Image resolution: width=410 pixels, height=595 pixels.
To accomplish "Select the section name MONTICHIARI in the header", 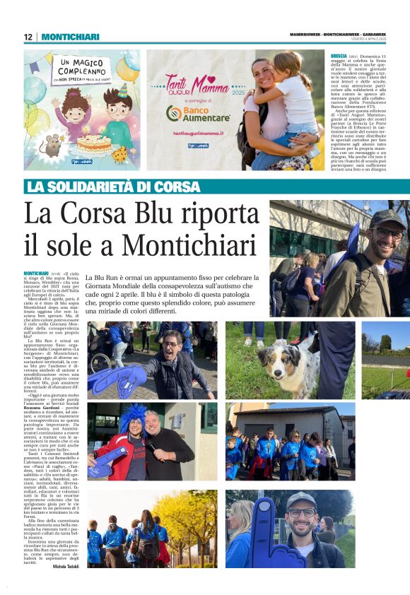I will click(70, 37).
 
